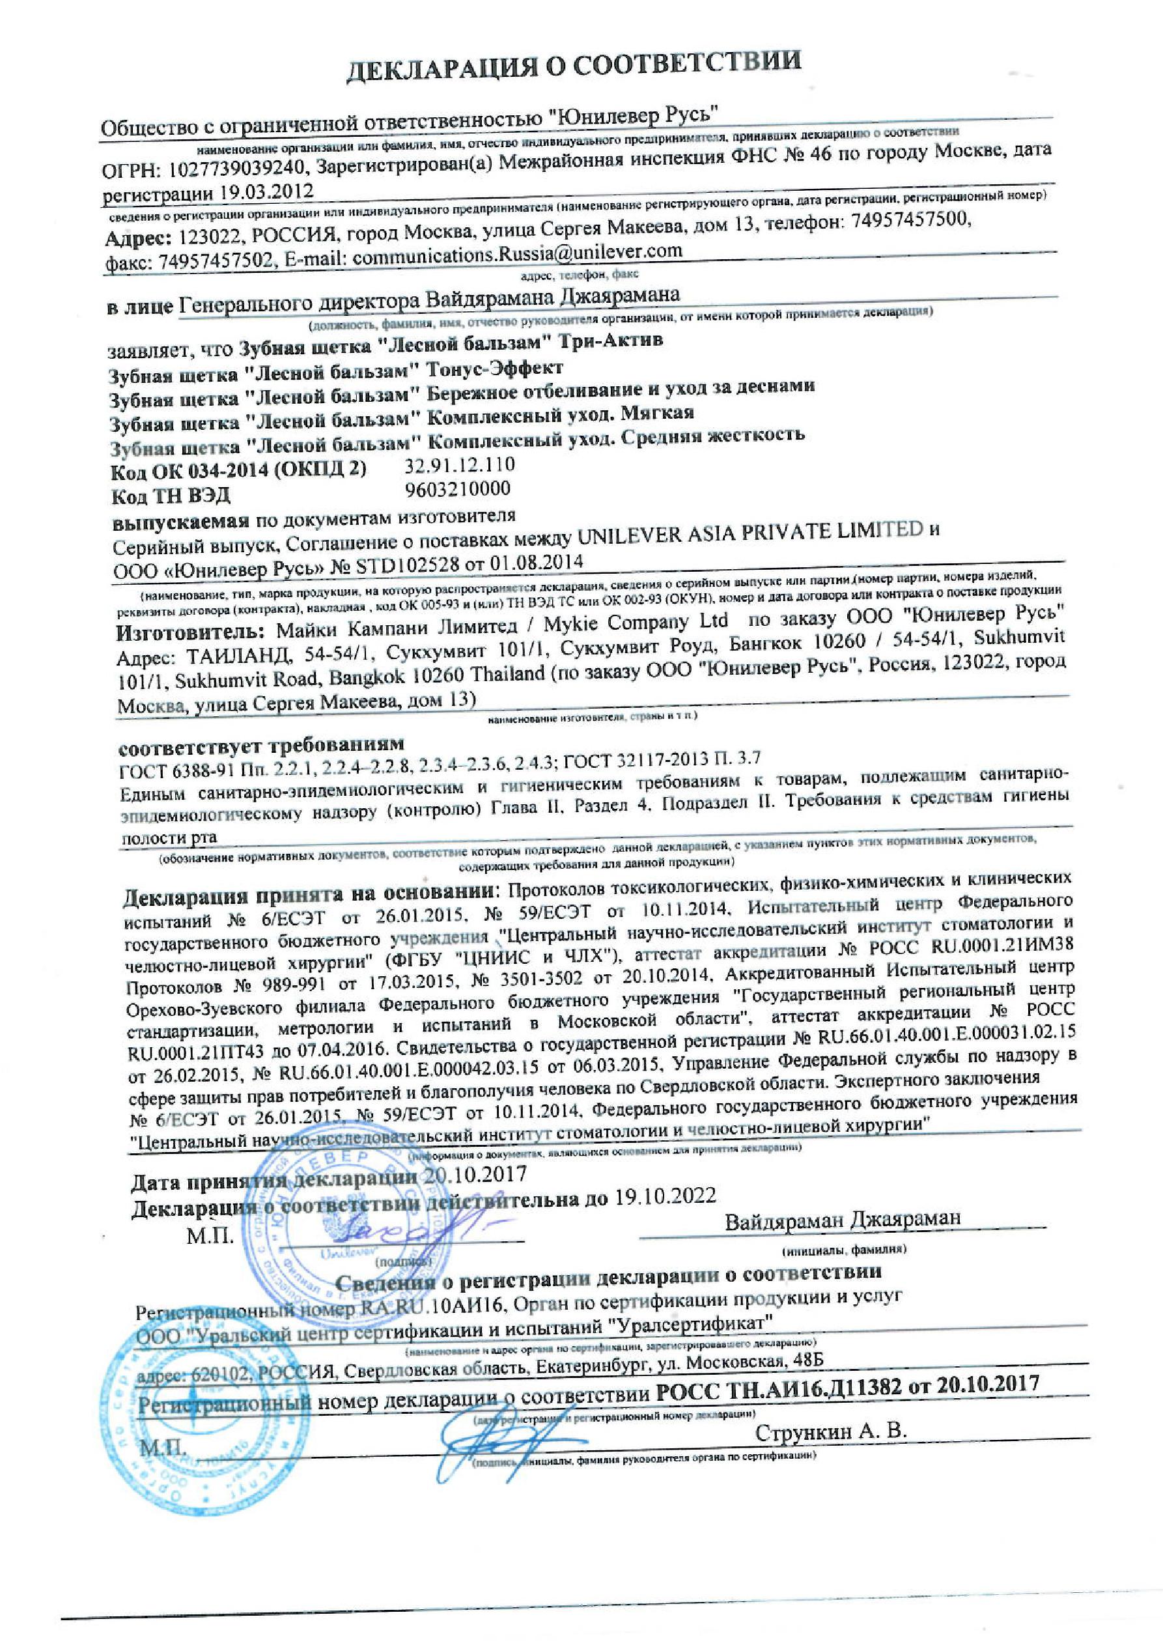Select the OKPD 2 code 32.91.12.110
(x=460, y=465)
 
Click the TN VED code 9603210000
(x=457, y=489)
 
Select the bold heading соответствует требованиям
(x=261, y=742)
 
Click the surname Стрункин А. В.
(x=832, y=1431)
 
